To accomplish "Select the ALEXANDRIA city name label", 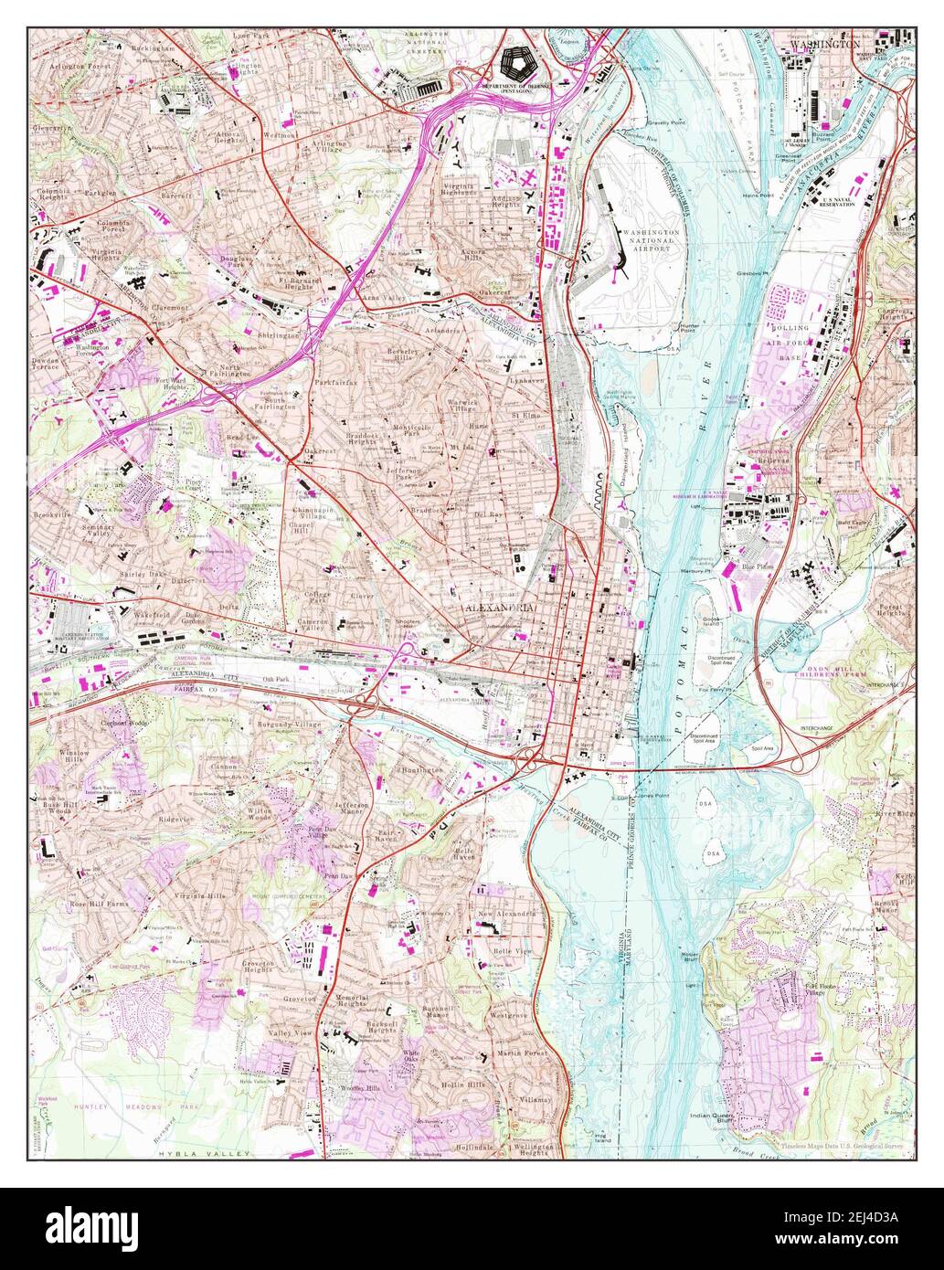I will [x=496, y=608].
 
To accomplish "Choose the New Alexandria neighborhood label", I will [x=500, y=915].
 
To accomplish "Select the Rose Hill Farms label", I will [x=97, y=904].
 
